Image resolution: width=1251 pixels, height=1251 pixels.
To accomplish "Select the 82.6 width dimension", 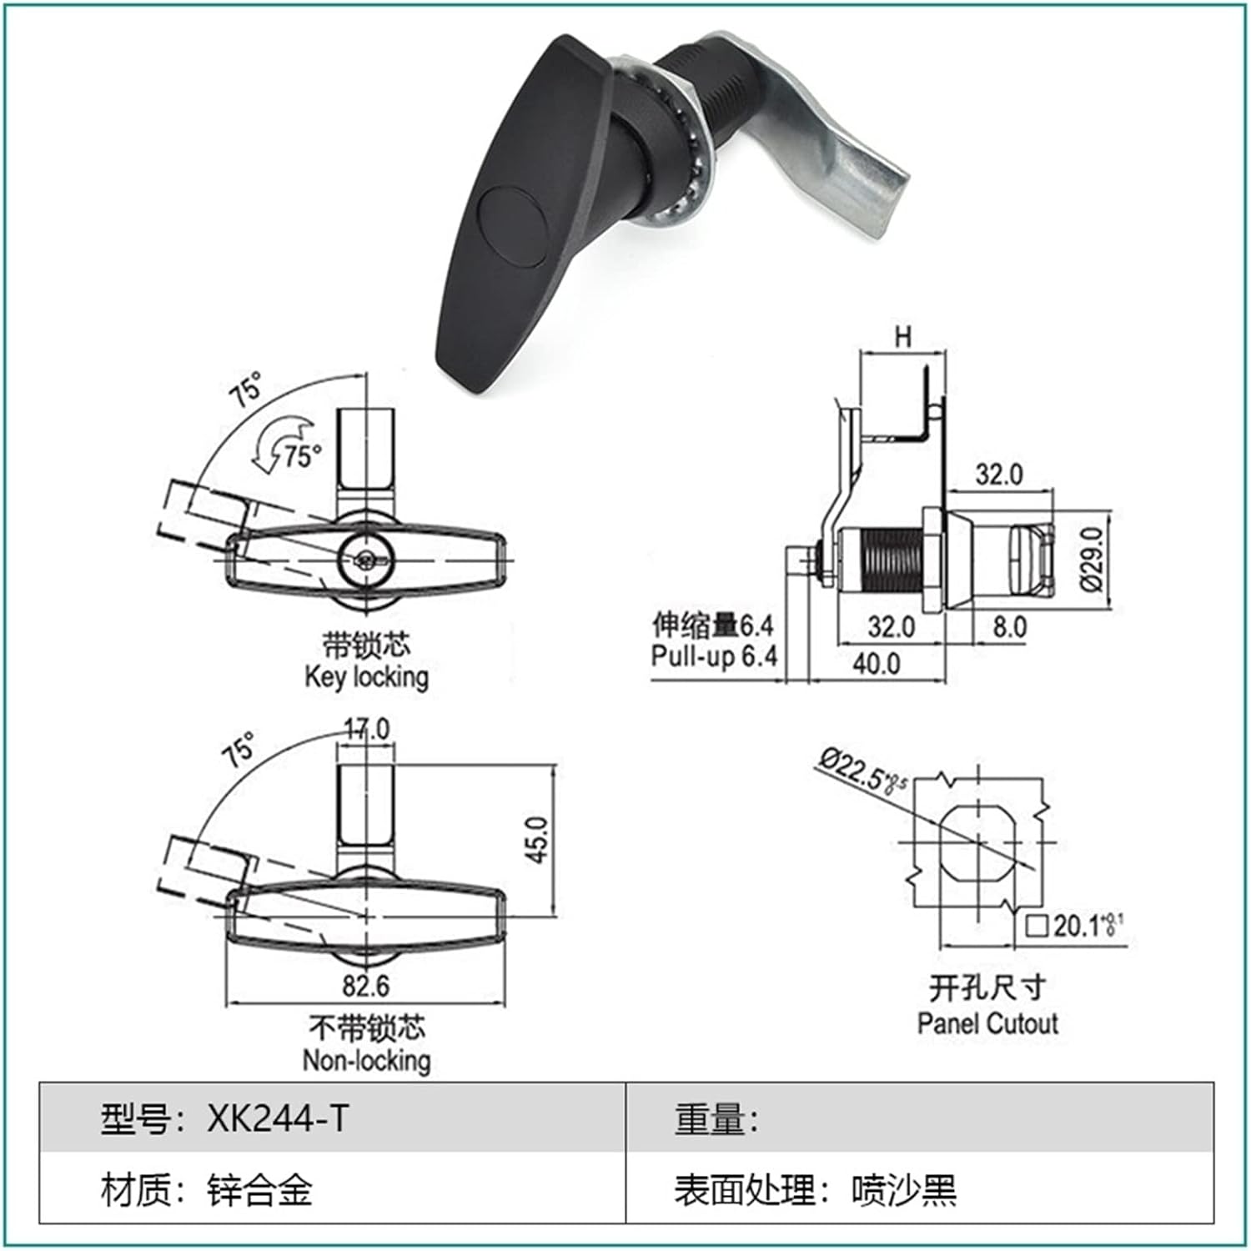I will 365,986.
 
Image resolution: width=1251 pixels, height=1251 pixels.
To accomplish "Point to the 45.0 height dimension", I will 539,839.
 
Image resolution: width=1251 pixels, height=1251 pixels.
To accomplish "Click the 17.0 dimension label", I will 367,729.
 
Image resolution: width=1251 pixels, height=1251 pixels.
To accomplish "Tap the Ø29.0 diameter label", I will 1093,559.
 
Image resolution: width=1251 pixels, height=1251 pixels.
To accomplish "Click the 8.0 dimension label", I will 1008,626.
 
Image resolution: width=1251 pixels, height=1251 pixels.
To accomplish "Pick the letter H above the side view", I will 902,337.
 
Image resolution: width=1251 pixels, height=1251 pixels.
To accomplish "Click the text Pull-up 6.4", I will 714,656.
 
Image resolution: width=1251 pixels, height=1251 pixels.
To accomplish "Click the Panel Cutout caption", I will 987,1023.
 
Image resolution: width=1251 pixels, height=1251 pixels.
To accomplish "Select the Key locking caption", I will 366,676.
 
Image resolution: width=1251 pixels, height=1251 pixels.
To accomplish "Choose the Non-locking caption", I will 366,1061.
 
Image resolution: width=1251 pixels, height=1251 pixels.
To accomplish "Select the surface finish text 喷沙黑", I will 904,1190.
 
